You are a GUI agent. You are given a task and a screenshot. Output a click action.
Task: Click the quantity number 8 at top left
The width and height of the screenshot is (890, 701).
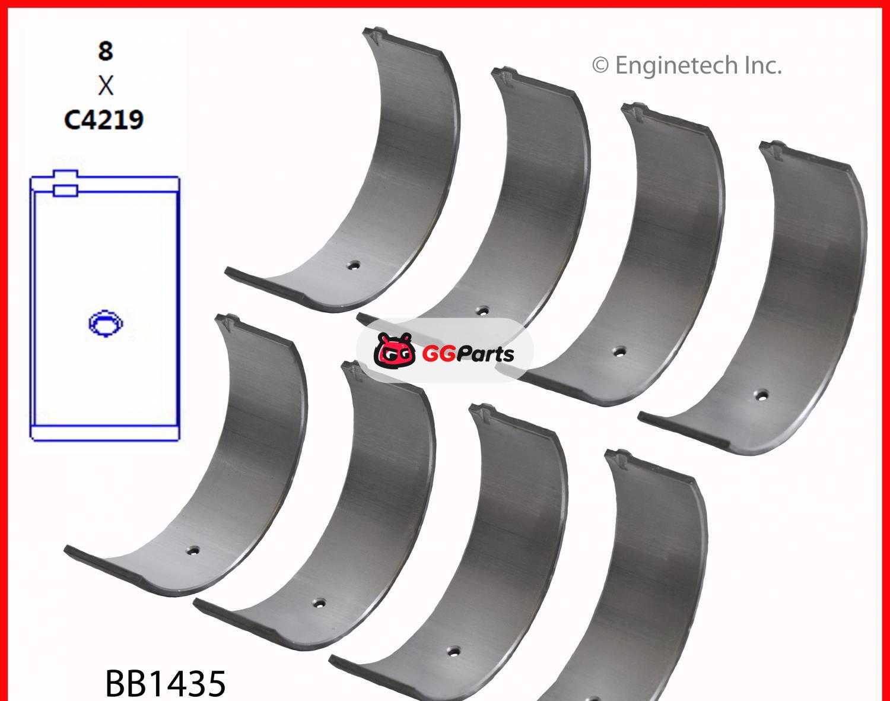point(105,51)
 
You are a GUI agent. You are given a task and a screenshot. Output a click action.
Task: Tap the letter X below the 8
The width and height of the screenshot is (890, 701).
point(105,86)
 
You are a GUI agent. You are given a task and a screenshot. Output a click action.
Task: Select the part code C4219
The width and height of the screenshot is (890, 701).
point(104,120)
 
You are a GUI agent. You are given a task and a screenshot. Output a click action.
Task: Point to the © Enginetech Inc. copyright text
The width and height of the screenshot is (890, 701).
point(686,65)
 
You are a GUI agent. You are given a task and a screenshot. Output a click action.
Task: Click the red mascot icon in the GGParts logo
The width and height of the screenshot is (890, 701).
point(394,351)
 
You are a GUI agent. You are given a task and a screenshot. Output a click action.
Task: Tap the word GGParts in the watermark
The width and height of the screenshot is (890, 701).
point(468,354)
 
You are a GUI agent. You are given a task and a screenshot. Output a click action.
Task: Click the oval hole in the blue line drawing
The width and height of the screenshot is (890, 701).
point(105,323)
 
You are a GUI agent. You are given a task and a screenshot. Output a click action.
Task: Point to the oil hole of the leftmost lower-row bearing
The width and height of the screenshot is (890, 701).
point(192,550)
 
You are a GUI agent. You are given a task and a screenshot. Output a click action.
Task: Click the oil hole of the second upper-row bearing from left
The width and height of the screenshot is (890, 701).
point(483,310)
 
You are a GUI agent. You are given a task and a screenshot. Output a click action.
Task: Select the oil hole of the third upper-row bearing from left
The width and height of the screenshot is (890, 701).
point(619,351)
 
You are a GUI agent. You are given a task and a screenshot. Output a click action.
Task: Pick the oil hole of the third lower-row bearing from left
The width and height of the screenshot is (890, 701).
point(453,650)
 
